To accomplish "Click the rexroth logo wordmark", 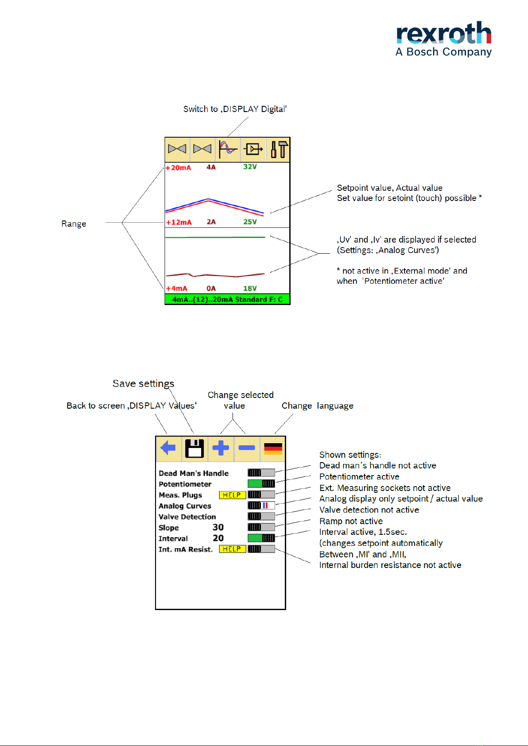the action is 444,33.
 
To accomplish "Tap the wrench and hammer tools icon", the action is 279,149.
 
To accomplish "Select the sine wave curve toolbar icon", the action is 228,149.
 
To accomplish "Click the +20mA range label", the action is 179,167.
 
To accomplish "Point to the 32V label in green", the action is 250,166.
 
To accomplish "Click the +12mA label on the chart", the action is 179,222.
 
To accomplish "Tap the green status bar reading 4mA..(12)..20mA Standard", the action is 227,299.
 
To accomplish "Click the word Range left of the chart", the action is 74,224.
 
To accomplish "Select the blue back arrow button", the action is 168,448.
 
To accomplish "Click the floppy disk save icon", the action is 194,448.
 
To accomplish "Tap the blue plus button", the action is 221,448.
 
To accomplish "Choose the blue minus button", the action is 247,448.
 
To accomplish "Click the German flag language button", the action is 273,448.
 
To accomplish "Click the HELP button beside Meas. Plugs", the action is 232,495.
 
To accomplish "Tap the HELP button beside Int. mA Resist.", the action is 232,549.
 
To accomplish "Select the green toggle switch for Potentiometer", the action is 261,483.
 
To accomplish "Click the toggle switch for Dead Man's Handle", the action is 261,472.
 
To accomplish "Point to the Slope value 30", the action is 218,527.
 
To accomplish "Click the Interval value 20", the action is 218,538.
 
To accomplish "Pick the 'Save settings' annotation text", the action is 143,384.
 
